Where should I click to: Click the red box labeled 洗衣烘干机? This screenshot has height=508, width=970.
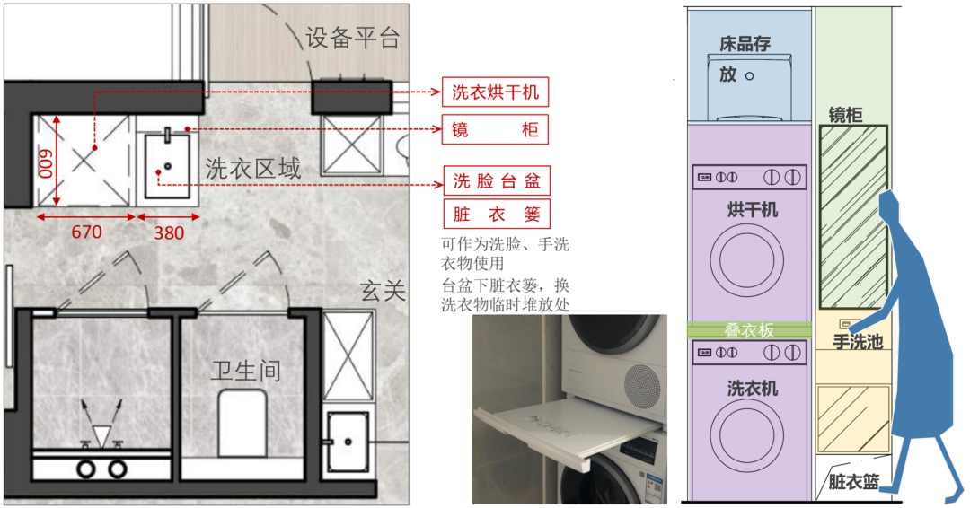coord(495,92)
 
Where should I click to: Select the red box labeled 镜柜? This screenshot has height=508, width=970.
coord(495,131)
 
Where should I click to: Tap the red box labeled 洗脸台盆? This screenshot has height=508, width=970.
coord(496,181)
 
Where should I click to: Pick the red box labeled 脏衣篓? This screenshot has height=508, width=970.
coord(496,215)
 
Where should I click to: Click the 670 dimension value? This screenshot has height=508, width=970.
coord(86,232)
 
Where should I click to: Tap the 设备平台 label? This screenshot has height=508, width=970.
coord(353,38)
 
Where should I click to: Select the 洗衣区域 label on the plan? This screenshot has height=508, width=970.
coord(252,168)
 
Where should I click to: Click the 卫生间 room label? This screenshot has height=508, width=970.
coord(245,370)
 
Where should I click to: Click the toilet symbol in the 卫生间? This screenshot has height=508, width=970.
coord(244,422)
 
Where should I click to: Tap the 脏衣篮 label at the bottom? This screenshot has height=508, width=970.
coord(852,483)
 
